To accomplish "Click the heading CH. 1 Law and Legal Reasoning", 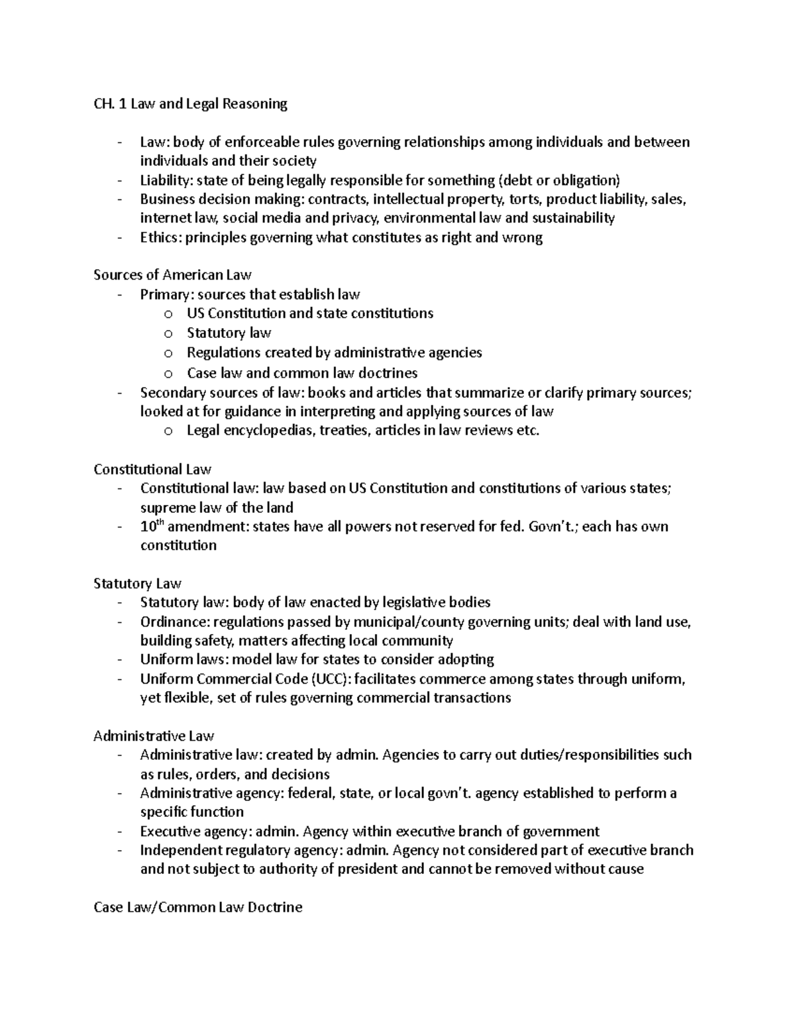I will pos(190,104).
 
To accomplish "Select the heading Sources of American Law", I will pos(172,275).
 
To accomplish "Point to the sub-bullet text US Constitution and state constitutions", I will pos(309,313).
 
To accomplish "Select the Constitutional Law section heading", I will pos(152,470).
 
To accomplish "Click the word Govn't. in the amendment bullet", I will pos(552,527).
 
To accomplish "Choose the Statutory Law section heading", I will pos(137,584).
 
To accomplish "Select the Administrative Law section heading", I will pos(154,736).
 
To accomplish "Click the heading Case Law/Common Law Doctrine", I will pos(197,907).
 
